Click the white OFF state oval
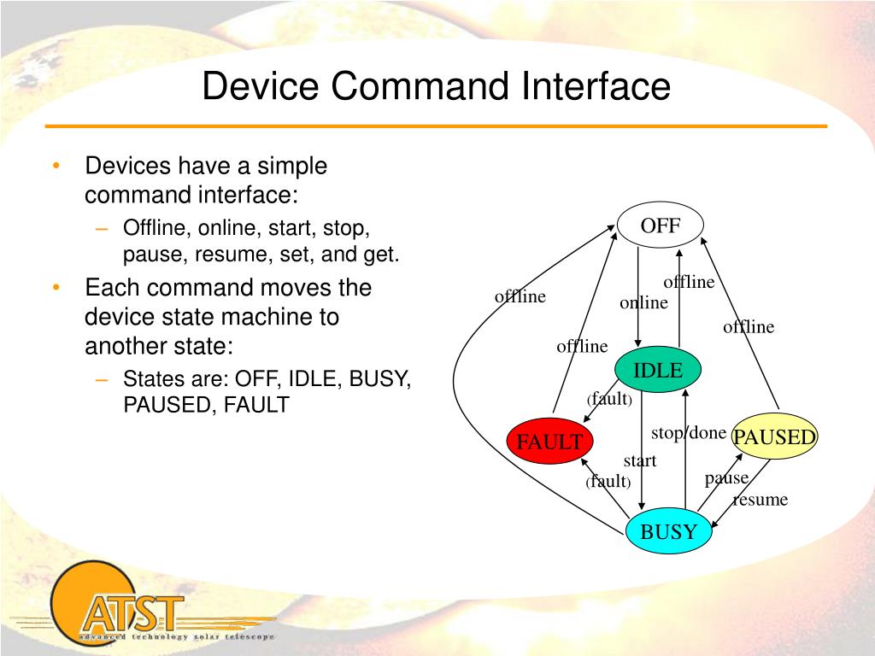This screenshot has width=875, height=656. (x=661, y=226)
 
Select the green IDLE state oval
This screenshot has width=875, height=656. (x=658, y=371)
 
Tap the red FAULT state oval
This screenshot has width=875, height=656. (x=549, y=442)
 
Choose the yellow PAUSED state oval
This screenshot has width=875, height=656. (x=774, y=437)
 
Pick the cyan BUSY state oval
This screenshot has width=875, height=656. (x=669, y=532)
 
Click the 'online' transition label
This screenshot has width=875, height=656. (x=643, y=303)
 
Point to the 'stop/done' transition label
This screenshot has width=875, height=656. (x=689, y=433)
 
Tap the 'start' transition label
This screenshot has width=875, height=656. (x=639, y=461)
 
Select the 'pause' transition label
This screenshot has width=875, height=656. (x=726, y=478)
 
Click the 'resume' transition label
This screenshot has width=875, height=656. (x=760, y=500)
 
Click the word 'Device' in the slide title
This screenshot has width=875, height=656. (x=256, y=87)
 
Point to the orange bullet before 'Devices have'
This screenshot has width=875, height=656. (x=56, y=166)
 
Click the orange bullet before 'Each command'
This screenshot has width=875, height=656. (x=56, y=288)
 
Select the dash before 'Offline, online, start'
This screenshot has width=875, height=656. (x=103, y=229)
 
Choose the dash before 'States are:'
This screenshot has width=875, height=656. (x=103, y=378)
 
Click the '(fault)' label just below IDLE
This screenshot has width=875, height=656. (x=609, y=399)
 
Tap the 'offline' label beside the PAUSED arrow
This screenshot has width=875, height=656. (x=749, y=327)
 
